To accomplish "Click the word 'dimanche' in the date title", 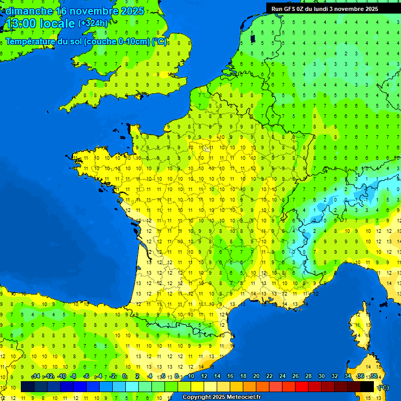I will (x=29, y=10).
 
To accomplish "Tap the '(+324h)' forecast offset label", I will (x=92, y=23).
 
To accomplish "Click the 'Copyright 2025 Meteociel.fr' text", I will (x=221, y=397).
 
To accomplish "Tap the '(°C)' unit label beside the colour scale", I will (x=383, y=387).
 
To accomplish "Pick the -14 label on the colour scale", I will (x=36, y=376).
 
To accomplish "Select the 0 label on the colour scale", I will (x=124, y=376).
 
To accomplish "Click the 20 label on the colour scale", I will (x=256, y=376).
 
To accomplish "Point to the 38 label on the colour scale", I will (x=373, y=376).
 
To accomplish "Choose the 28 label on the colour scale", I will (x=308, y=376).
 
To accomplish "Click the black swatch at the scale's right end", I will (x=367, y=387).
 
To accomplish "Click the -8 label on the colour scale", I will (x=74, y=376).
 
